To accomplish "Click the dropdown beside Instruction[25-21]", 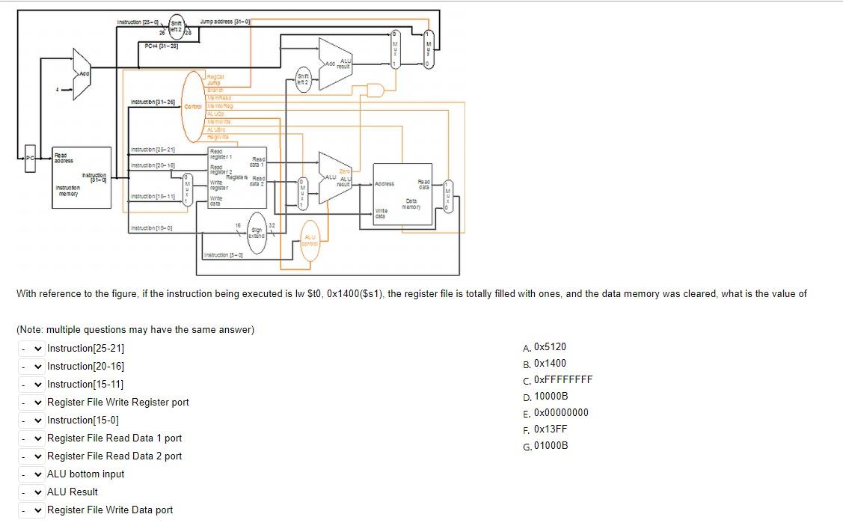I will (31, 349).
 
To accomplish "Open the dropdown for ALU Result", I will (31, 492).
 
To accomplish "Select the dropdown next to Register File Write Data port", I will (31, 510).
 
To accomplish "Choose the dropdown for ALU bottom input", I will (31, 474).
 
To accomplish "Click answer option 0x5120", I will (550, 347).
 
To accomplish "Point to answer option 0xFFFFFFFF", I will (562, 379).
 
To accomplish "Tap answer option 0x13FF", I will (551, 429).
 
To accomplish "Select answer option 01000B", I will (551, 446).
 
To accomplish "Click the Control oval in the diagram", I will (194, 106).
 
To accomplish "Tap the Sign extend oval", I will (257, 233).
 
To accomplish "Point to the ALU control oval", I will (310, 239).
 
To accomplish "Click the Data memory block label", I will (411, 204).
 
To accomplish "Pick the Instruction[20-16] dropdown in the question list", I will (31, 367).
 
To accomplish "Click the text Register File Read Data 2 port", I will (114, 456).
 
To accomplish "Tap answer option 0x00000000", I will (561, 413).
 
